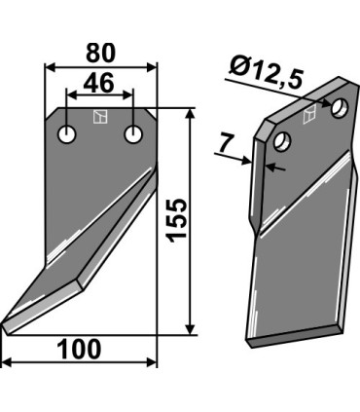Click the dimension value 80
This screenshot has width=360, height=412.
click(x=100, y=53)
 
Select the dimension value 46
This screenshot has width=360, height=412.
click(x=98, y=83)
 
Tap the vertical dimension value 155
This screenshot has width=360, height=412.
click(x=177, y=220)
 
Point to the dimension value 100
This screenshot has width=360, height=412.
click(x=79, y=350)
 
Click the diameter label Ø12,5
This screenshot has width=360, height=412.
click(x=265, y=72)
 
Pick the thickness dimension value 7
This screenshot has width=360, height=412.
click(x=226, y=143)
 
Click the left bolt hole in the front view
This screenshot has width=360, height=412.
click(x=67, y=134)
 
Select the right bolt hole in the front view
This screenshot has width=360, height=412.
click(x=133, y=134)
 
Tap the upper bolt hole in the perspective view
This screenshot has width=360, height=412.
click(x=340, y=107)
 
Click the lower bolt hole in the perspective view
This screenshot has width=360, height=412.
click(x=282, y=141)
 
